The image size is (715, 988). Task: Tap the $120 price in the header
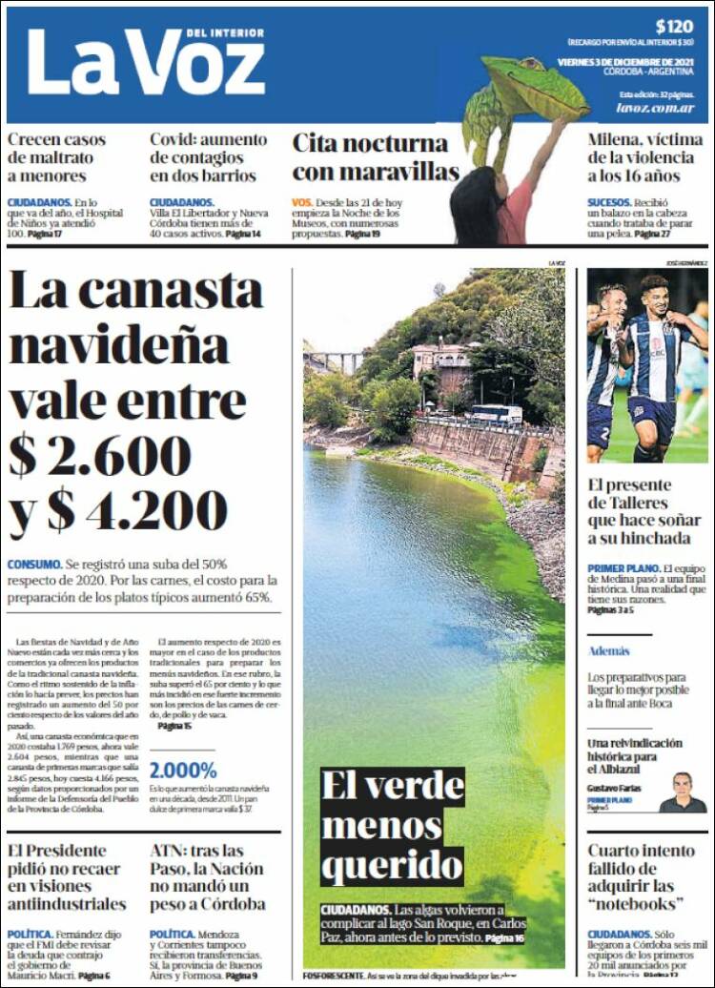click(674, 27)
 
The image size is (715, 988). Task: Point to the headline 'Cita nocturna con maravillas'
click(375, 157)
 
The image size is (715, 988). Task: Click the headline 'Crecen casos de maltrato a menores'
click(57, 157)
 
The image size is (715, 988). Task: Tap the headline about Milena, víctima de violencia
click(645, 157)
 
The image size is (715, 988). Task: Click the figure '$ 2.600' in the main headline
click(100, 456)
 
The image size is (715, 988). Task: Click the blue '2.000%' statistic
click(183, 771)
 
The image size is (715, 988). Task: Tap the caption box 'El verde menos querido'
click(392, 826)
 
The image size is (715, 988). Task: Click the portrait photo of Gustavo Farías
click(683, 792)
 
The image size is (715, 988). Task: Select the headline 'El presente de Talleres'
click(643, 521)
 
